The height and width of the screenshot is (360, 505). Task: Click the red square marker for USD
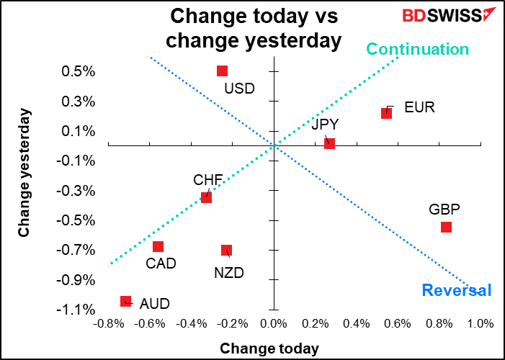(222, 71)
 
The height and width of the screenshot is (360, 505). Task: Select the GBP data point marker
(446, 227)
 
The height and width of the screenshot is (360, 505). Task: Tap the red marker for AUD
(125, 301)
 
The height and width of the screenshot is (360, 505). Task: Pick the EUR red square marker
(386, 113)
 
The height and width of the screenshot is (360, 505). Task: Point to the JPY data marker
(329, 143)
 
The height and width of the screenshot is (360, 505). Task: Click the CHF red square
(206, 197)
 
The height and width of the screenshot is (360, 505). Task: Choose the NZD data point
(226, 250)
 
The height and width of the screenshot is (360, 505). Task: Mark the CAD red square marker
(158, 246)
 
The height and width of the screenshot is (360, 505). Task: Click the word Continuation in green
(418, 49)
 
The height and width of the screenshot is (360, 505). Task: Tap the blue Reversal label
(456, 290)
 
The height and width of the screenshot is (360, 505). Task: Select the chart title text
(253, 28)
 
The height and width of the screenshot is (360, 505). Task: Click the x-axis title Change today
(269, 348)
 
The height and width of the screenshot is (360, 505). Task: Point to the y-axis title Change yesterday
(24, 173)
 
